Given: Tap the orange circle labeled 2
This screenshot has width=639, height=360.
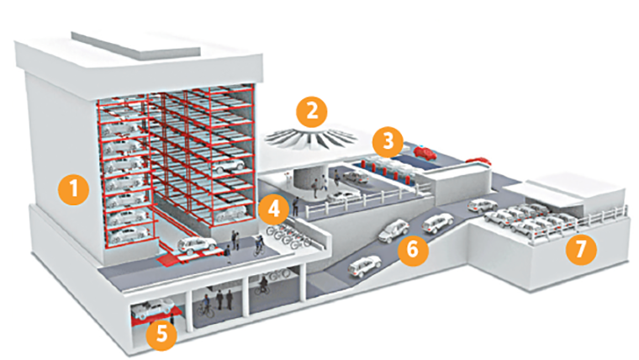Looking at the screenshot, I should tap(312, 109).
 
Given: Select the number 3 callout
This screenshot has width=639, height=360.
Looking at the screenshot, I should tap(388, 140).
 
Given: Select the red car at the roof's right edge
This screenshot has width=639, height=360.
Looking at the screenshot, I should tap(478, 160).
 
